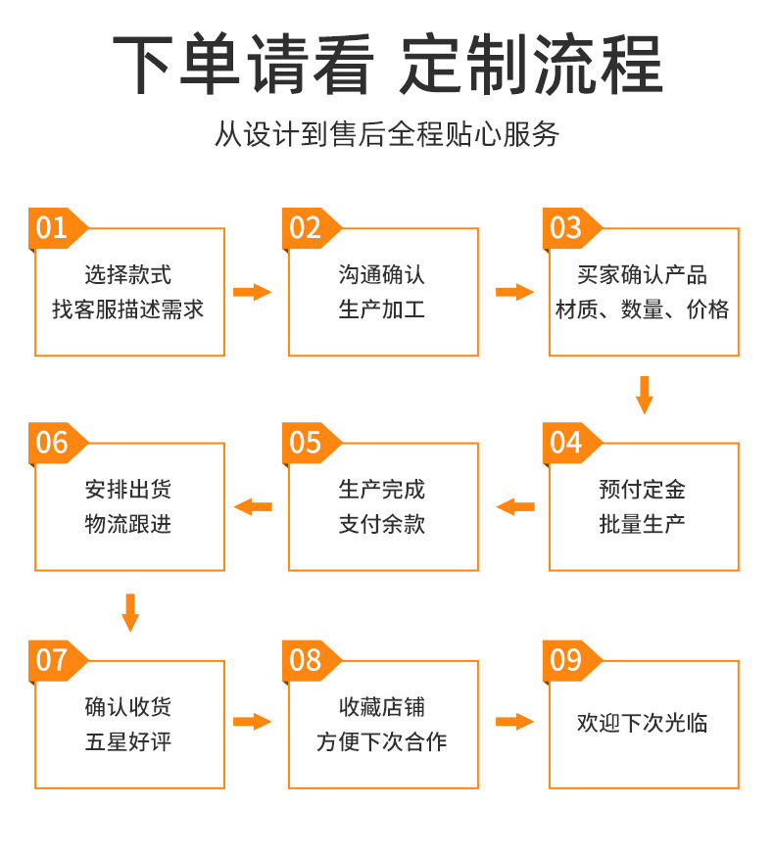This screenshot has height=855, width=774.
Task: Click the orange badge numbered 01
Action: click(54, 227)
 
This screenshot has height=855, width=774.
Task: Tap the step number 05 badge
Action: click(308, 443)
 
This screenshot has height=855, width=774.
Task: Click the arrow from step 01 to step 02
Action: click(252, 292)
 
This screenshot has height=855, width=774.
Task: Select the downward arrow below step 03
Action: click(644, 394)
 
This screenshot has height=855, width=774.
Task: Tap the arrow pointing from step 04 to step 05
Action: click(515, 506)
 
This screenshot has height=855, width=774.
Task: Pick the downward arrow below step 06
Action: click(130, 611)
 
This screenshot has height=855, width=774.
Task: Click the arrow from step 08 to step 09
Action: click(514, 722)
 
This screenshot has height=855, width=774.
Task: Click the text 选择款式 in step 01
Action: click(128, 275)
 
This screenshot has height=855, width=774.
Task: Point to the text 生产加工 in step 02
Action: click(382, 310)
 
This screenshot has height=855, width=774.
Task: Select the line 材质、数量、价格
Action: click(643, 310)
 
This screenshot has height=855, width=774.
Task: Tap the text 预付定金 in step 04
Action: click(643, 489)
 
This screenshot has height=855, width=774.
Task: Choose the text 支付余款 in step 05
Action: click(382, 524)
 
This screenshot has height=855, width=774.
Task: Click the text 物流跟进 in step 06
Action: click(128, 524)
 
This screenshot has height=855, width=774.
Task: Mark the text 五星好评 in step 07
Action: click(128, 741)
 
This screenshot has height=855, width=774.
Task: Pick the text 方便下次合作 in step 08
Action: click(382, 741)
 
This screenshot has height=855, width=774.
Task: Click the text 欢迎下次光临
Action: click(643, 724)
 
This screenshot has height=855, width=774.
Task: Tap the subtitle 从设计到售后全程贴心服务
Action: click(387, 134)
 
